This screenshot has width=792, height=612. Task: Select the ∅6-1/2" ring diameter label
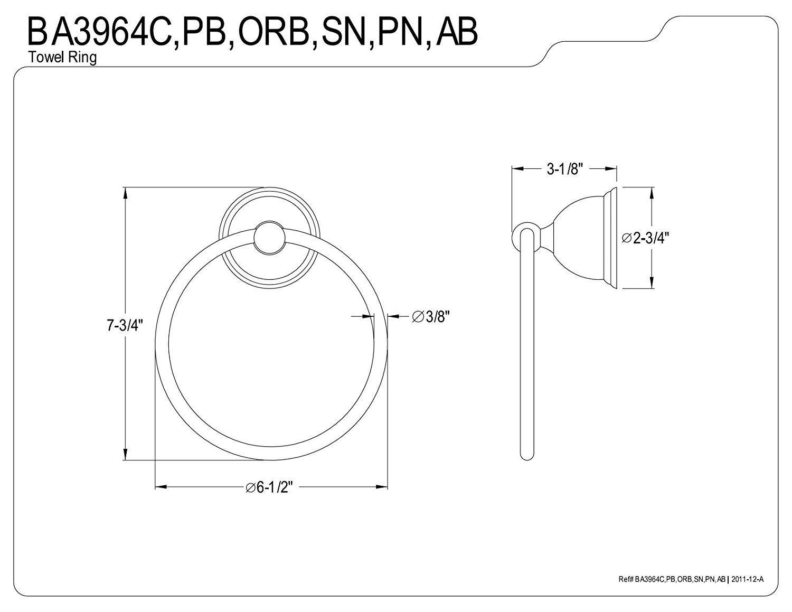point(269,487)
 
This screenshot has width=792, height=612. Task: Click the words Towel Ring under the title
point(63,58)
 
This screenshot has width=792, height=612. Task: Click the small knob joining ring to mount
point(269,237)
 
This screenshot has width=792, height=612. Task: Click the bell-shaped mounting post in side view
point(578,238)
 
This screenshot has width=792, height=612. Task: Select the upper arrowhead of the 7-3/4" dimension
point(125,193)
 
